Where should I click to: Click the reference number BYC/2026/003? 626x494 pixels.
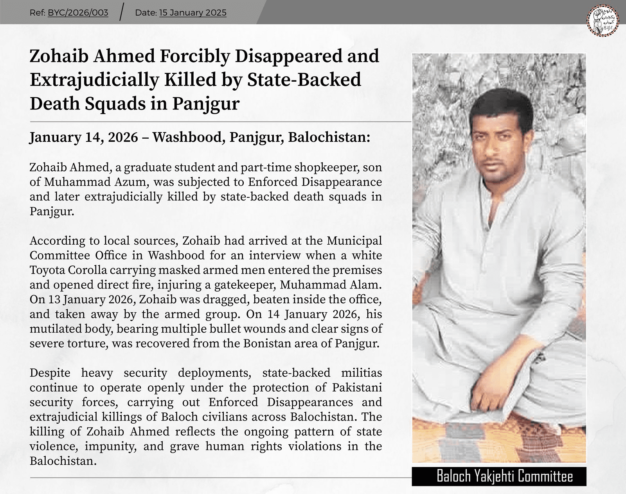tap(78, 13)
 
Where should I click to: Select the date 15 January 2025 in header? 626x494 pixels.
tap(192, 13)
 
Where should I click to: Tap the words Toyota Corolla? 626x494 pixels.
tap(68, 270)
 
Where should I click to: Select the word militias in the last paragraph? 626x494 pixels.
tap(362, 373)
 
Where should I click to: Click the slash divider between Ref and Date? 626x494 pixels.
tap(122, 13)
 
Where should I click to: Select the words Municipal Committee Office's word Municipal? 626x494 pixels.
tap(354, 241)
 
